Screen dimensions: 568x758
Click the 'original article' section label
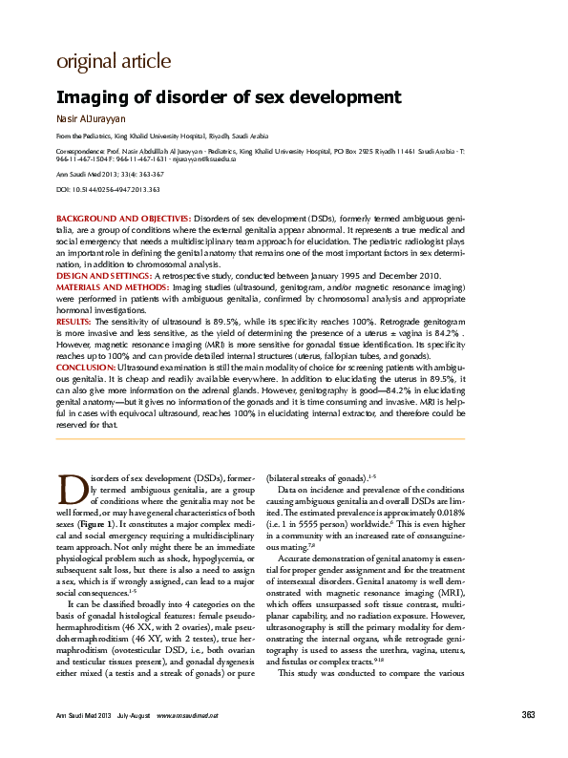(x=114, y=62)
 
